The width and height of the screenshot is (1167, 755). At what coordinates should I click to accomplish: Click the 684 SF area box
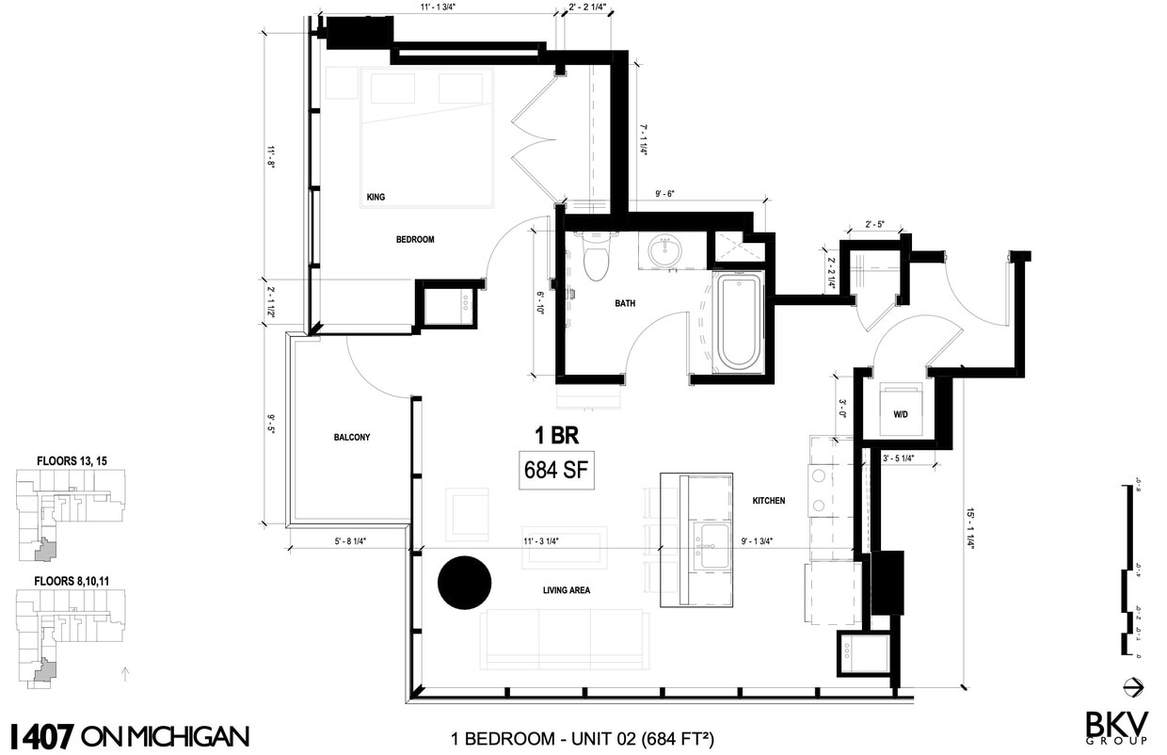557,470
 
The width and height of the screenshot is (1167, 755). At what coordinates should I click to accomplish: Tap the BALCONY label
351,438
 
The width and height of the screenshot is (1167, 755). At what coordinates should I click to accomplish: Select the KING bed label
376,198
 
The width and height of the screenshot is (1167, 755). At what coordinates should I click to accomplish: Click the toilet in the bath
597,257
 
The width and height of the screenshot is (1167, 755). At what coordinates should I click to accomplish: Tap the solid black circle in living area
465,583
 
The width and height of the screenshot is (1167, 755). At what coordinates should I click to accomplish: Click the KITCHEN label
769,501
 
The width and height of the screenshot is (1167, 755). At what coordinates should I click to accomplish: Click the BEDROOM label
415,240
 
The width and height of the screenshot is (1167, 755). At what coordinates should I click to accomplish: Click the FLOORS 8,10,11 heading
72,581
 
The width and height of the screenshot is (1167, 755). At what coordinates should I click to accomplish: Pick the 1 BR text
555,436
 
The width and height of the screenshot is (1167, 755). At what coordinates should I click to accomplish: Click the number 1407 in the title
41,735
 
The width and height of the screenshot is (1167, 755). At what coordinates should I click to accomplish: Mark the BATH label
625,304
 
